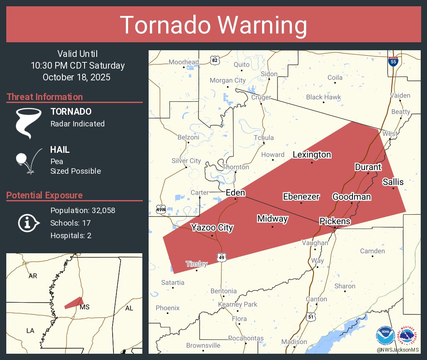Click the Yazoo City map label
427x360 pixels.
click(212, 228)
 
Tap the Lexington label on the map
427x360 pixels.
click(312, 154)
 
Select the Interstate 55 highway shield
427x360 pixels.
click(393, 62)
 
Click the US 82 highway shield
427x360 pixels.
click(215, 60)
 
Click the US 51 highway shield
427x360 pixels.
click(310, 317)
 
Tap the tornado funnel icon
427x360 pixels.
click(28, 123)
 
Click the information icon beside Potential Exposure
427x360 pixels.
click(28, 223)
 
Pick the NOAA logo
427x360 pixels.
click(385, 336)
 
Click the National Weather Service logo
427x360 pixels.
click(408, 336)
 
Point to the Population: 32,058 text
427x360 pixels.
click(83, 210)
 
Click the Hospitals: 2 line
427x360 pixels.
click(71, 235)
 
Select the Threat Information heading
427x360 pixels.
click(45, 97)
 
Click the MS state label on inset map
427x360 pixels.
click(85, 307)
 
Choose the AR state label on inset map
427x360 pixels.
click(32, 276)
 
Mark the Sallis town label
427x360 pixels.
click(393, 182)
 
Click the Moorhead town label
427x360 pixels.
click(184, 62)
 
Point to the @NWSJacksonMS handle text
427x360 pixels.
click(398, 350)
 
